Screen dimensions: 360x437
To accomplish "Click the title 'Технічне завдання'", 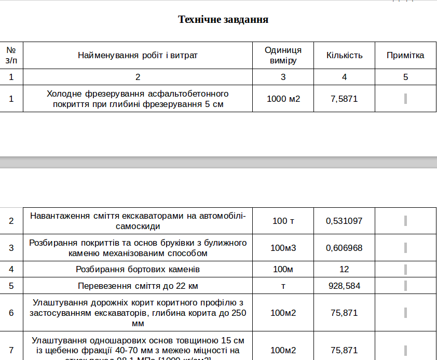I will [223, 20].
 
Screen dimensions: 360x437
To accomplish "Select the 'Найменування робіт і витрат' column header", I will [138, 55].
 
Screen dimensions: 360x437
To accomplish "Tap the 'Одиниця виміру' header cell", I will [283, 55].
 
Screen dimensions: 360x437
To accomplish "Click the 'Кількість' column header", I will [344, 55].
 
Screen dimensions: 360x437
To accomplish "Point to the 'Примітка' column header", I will [405, 55].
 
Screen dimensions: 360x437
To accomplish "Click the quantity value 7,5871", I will [344, 99].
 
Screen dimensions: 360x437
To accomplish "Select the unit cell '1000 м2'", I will [283, 99].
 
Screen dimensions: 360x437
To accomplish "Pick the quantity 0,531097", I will [344, 221].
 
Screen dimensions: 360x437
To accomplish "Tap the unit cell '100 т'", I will [283, 221].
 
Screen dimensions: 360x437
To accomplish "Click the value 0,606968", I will [344, 248].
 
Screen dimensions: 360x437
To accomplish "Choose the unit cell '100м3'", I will [283, 248].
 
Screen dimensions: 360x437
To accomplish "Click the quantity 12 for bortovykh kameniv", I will [344, 269].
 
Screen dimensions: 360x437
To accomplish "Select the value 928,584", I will [344, 286].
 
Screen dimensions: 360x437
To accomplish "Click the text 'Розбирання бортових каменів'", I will [138, 269].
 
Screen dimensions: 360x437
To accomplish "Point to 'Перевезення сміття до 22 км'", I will [138, 286].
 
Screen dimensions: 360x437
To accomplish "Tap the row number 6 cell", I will [11, 313].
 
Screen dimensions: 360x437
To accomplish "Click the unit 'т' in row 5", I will [283, 286].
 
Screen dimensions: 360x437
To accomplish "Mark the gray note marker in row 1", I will [405, 99].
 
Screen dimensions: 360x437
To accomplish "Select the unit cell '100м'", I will [283, 269].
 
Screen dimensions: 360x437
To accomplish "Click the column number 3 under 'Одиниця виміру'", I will [283, 77].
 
